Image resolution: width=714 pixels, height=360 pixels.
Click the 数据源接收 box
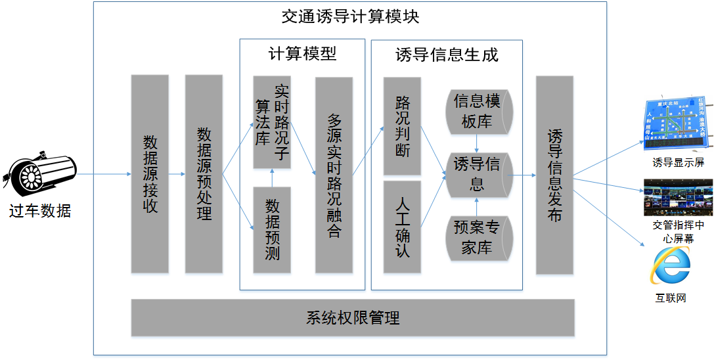pyautogui.click(x=150, y=174)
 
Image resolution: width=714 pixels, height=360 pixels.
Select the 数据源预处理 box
pyautogui.click(x=204, y=174)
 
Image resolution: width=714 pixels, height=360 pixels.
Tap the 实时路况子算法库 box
pyautogui.click(x=272, y=122)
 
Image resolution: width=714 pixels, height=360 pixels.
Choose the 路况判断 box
pyautogui.click(x=402, y=127)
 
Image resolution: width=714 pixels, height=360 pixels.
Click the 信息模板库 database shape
pyautogui.click(x=478, y=111)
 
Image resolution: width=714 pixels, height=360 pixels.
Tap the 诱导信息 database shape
pyautogui.click(x=478, y=175)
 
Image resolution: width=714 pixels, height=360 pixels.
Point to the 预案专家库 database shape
pyautogui.click(x=478, y=237)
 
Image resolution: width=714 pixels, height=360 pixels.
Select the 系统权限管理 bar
pyautogui.click(x=353, y=318)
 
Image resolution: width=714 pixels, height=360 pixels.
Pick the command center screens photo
pyautogui.click(x=677, y=197)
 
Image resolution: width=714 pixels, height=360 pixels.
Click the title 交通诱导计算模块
pyautogui.click(x=350, y=16)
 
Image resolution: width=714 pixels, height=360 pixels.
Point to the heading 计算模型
pyautogui.click(x=302, y=54)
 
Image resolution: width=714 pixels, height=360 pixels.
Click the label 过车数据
pyautogui.click(x=40, y=211)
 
